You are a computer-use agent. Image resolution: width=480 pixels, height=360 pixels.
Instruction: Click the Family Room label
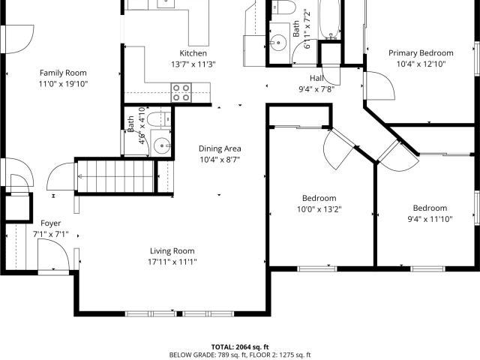pos(63,73)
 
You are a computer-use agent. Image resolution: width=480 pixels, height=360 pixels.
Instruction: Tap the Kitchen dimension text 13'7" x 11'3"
pos(193,64)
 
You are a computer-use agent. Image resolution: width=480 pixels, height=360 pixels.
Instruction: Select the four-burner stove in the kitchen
pos(181,92)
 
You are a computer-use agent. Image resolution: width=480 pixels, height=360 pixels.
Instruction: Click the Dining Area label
pos(220,148)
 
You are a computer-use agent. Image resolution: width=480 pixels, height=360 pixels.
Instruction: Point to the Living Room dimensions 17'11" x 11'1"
pos(172,262)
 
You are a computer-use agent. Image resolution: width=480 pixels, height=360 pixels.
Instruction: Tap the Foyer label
pos(51,223)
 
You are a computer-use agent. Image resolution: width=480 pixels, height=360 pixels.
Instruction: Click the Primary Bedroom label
pos(421,53)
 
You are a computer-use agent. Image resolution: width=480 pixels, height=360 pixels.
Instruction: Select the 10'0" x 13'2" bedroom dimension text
pos(319,209)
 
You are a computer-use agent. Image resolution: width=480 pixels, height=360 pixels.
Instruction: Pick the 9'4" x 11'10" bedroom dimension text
pos(430,219)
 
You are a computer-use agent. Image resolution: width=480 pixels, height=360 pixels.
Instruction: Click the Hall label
pos(316,78)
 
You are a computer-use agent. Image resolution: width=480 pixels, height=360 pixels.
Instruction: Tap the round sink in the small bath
pos(162,145)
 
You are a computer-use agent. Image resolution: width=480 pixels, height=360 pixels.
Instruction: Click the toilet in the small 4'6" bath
pos(158,119)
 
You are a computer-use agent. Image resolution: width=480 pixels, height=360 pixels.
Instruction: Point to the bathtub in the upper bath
pos(329,19)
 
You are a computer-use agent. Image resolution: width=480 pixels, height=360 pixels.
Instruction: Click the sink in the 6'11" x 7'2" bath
pos(278,41)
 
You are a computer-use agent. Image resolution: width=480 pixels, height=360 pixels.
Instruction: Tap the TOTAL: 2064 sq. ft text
pos(240,347)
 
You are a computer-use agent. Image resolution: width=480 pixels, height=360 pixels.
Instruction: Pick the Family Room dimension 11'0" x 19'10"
pos(63,84)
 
